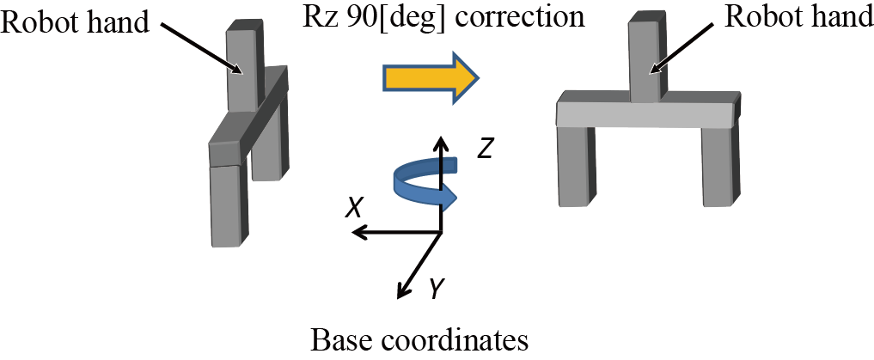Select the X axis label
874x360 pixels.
352,206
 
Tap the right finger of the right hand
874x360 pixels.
720,166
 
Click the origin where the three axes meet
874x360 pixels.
441,232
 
